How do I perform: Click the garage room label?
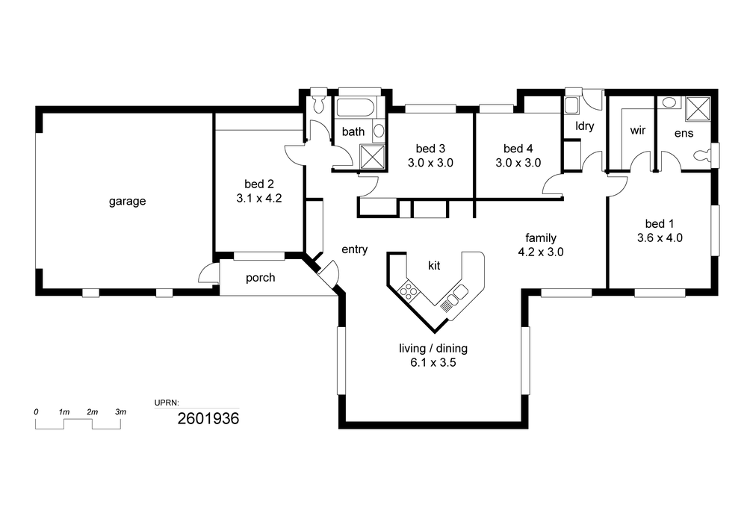tap(127, 202)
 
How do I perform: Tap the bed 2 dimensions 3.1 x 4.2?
tap(259, 198)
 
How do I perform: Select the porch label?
tap(261, 278)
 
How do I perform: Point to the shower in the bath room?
tap(372, 157)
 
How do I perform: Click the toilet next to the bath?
tap(319, 104)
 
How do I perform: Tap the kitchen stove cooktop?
tap(409, 291)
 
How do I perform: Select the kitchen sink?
tap(454, 297)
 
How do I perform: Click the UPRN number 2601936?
tap(208, 418)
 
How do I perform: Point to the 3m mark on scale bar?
tap(120, 411)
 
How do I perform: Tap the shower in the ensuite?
tap(698, 109)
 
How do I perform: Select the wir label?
tap(638, 130)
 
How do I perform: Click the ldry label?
tap(585, 126)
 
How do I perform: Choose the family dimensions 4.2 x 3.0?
tap(541, 252)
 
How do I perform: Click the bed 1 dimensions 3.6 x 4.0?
tap(660, 237)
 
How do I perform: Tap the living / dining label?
tap(433, 349)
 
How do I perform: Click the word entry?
tap(354, 249)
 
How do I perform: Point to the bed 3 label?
tap(430, 149)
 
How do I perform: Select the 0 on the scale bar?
tap(36, 411)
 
